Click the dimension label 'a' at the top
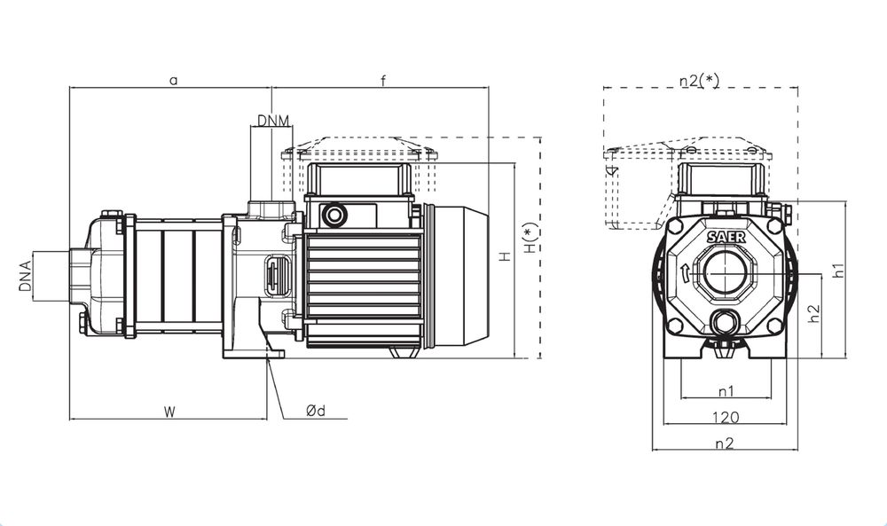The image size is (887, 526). tap(174, 80)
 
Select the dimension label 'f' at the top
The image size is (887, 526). tap(383, 80)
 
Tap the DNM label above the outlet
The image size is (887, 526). tap(271, 120)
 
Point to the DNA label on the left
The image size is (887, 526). tap(27, 275)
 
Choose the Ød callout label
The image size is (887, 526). tap(316, 411)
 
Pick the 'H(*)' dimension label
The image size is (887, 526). tap(530, 242)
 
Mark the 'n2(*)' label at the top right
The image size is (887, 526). tap(699, 80)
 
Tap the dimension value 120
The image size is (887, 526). tap(725, 416)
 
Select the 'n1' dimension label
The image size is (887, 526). tap(725, 390)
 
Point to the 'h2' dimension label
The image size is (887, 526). tap(813, 312)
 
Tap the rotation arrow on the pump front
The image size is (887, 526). tap(685, 272)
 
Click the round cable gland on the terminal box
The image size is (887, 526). tap(335, 215)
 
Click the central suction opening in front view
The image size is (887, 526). tap(726, 276)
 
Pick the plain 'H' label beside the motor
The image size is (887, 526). tap(504, 257)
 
